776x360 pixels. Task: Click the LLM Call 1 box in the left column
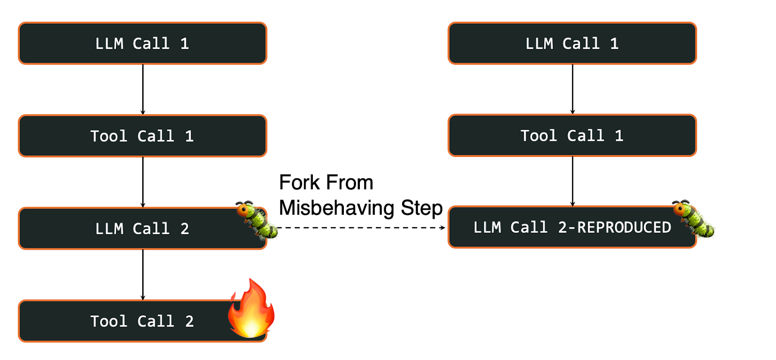[x=142, y=43]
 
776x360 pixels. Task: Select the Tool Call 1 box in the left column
[x=142, y=136]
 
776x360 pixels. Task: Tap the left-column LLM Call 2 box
[x=142, y=228]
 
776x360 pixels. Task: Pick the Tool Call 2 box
[x=142, y=321]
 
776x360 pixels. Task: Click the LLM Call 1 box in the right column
[x=572, y=43]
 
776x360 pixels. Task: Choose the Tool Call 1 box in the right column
[x=572, y=136]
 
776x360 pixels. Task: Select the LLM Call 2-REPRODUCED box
[x=572, y=227]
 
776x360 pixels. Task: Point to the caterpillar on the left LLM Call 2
[x=257, y=220]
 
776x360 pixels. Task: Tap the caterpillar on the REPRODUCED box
[x=693, y=218]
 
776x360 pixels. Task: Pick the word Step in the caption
[x=421, y=208]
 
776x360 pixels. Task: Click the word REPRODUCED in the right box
[x=624, y=227]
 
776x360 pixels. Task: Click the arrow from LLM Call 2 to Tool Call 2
[x=143, y=274]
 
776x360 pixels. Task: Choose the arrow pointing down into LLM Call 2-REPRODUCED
[x=572, y=181]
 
